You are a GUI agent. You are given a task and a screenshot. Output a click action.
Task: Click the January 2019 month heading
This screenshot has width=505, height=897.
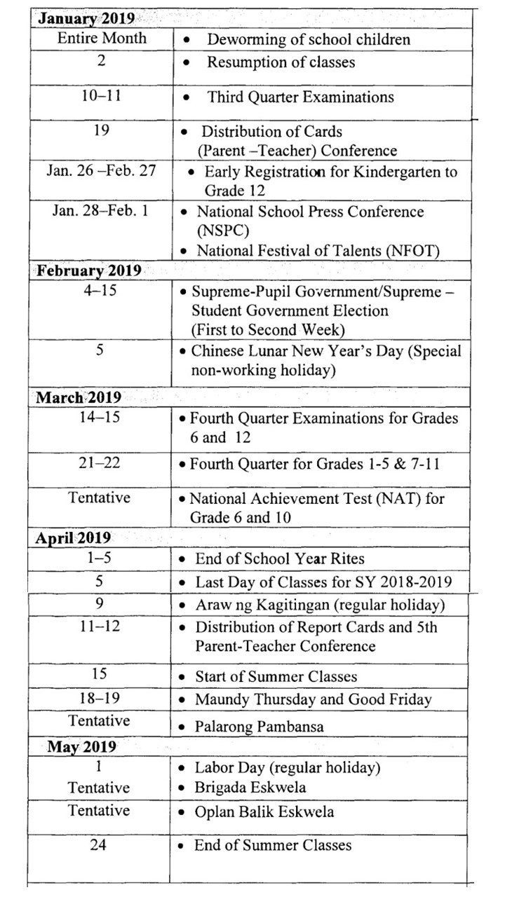(x=86, y=18)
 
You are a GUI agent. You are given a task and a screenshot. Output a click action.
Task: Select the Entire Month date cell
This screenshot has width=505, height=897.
(x=102, y=39)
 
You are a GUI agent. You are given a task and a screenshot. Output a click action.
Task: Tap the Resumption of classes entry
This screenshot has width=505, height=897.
(x=280, y=62)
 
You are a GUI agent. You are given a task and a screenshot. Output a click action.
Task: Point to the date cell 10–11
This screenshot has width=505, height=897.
(x=102, y=95)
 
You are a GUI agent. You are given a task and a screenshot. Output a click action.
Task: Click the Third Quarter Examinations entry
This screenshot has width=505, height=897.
(x=300, y=97)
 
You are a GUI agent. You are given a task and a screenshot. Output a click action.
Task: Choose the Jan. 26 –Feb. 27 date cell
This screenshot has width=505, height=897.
(x=102, y=171)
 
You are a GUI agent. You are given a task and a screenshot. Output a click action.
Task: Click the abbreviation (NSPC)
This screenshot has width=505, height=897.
(x=223, y=231)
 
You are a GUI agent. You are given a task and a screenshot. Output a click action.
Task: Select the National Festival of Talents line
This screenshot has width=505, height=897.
(x=317, y=250)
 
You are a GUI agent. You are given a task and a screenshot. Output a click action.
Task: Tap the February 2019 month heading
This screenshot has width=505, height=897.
(x=88, y=271)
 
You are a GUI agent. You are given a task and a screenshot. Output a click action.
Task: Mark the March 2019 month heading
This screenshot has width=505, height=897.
(x=79, y=397)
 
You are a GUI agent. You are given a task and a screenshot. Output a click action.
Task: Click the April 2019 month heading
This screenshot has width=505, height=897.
(x=74, y=538)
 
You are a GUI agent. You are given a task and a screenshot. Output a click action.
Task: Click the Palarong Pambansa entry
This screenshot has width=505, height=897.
(x=259, y=726)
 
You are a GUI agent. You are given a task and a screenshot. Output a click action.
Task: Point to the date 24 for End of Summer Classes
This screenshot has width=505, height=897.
(x=98, y=845)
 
